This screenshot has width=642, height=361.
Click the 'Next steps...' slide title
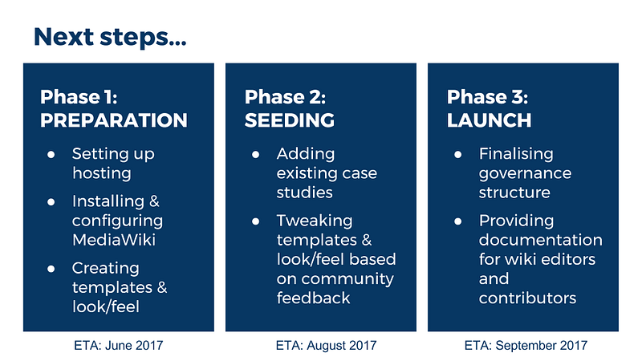pyautogui.click(x=110, y=37)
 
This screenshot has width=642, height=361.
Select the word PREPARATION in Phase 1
pyautogui.click(x=114, y=120)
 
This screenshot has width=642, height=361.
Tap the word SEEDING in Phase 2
pyautogui.click(x=290, y=120)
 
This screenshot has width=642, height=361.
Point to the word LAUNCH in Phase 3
pyautogui.click(x=489, y=120)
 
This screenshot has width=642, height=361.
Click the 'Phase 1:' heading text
pyautogui.click(x=79, y=97)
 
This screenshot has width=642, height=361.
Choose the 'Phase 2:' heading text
pyautogui.click(x=285, y=97)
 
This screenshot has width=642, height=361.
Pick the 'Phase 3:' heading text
pyautogui.click(x=487, y=97)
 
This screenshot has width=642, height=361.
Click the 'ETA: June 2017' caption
pyautogui.click(x=118, y=346)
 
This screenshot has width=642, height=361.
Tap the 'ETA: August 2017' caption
pyautogui.click(x=326, y=346)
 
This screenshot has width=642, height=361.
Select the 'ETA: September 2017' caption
pyautogui.click(x=526, y=346)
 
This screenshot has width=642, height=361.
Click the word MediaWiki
pyautogui.click(x=114, y=240)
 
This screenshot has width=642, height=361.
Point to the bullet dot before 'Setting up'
pyautogui.click(x=51, y=154)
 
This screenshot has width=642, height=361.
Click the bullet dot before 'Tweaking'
pyautogui.click(x=256, y=221)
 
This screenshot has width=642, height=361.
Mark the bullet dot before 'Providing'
pyautogui.click(x=458, y=221)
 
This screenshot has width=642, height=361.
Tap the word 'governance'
pyautogui.click(x=525, y=173)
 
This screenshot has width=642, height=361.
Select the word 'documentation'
pyautogui.click(x=540, y=240)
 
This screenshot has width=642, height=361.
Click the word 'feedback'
pyautogui.click(x=313, y=298)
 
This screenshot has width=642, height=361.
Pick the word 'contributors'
pyautogui.click(x=527, y=298)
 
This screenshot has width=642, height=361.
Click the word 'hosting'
pyautogui.click(x=102, y=173)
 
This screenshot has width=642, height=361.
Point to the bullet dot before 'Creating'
pyautogui.click(x=51, y=269)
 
